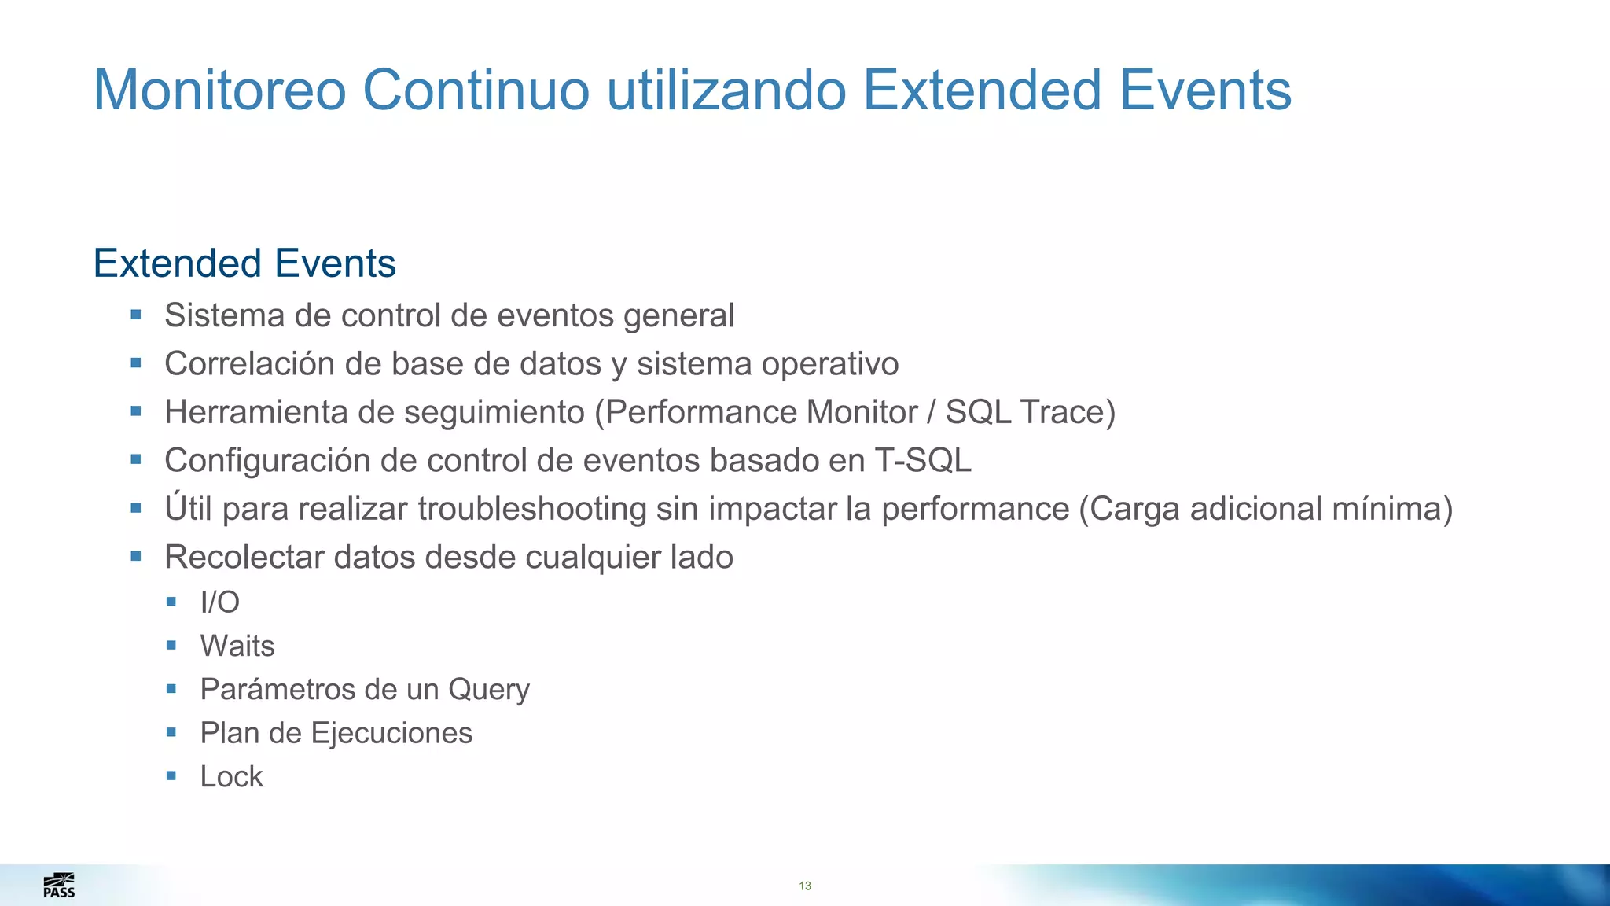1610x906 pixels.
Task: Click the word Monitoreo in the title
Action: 219,90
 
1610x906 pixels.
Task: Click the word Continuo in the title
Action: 476,90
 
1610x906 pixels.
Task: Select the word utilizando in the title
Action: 726,90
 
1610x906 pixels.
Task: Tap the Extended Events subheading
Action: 244,263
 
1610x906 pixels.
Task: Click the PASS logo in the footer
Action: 59,886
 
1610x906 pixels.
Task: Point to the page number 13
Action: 805,886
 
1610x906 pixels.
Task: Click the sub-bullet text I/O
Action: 219,602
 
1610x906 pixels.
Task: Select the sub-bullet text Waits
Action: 237,646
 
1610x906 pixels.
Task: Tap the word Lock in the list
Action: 231,777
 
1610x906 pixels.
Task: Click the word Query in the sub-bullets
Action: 488,690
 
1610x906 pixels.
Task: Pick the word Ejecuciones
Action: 391,733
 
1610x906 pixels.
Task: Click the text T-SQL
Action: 923,461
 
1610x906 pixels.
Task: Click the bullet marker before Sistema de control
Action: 136,315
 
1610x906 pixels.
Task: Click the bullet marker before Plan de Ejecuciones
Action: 171,732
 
